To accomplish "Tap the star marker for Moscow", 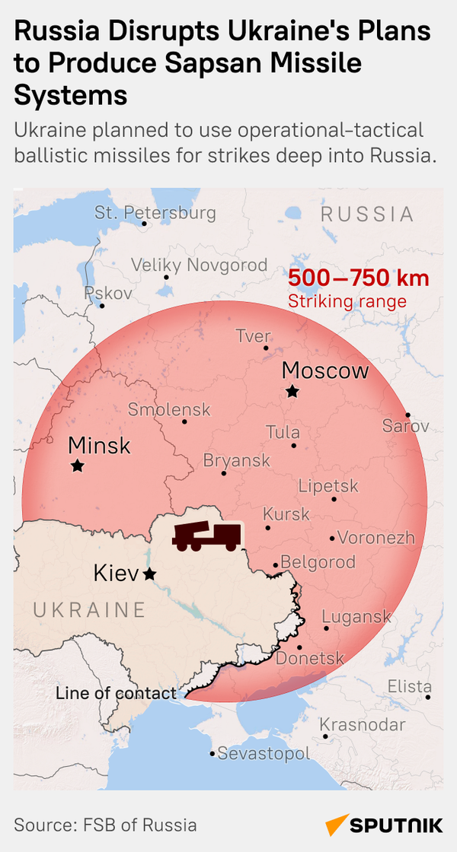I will pos(292,392).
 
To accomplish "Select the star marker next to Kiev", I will pos(150,574).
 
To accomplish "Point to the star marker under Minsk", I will pos(78,466).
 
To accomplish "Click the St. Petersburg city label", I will pos(155,213).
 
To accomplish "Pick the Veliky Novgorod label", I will pos(200,265).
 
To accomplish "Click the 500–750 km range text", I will pos(358,278).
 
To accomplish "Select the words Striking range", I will pos(347,301).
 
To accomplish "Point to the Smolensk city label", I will pos(169,409).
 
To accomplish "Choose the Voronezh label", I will pos(376,538).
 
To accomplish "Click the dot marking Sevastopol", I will pos(213,754).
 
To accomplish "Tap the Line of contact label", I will pos(116,693).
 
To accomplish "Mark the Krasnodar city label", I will pos(363,725).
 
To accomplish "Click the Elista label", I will pos(410,685).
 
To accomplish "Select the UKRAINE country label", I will pos(90,609).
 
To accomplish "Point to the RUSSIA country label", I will pos(367,214).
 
